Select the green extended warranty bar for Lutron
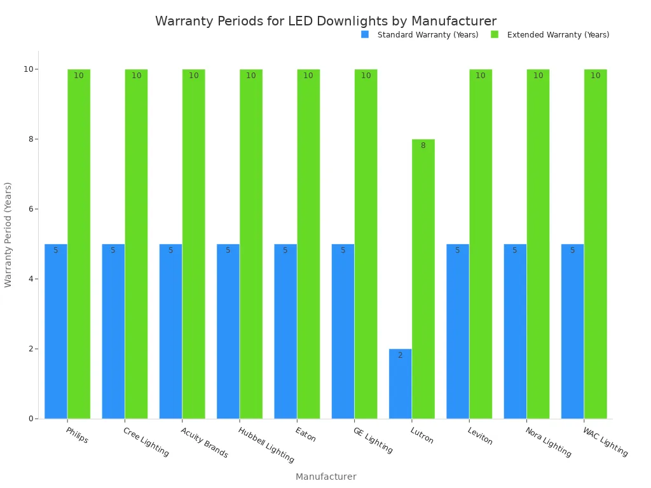pyautogui.click(x=423, y=280)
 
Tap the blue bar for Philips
pyautogui.click(x=56, y=330)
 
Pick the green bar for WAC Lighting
pyautogui.click(x=595, y=245)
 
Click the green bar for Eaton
pyautogui.click(x=308, y=245)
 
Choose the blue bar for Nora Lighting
pyautogui.click(x=515, y=330)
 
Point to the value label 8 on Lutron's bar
pyautogui.click(x=423, y=146)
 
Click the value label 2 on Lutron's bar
pyautogui.click(x=400, y=355)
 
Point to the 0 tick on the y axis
pyautogui.click(x=30, y=419)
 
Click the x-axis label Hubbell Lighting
pyautogui.click(x=266, y=445)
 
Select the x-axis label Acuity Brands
pyautogui.click(x=204, y=442)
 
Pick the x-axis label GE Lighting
pyautogui.click(x=373, y=440)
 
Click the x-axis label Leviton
pyautogui.click(x=480, y=436)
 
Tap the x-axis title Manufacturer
pyautogui.click(x=325, y=477)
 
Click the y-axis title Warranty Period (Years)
pyautogui.click(x=8, y=234)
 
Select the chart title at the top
pyautogui.click(x=325, y=21)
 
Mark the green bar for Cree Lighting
pyautogui.click(x=136, y=245)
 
